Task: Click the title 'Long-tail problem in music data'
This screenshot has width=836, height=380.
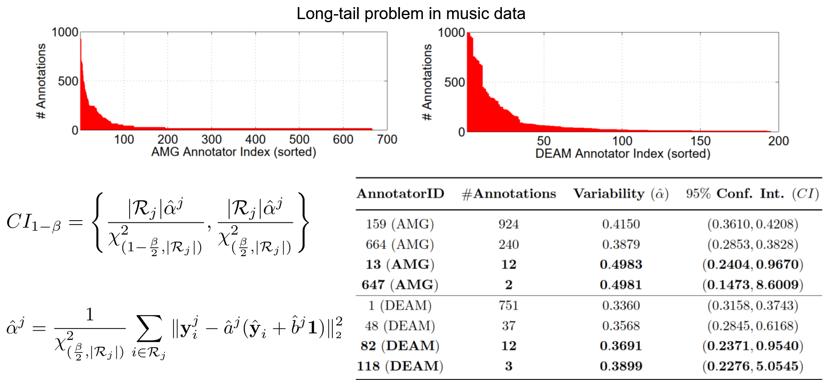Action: coord(410,14)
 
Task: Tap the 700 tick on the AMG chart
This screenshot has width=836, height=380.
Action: coord(387,139)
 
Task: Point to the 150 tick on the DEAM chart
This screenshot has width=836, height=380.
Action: coord(700,141)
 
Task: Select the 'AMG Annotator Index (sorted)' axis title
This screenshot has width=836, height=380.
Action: coord(233,152)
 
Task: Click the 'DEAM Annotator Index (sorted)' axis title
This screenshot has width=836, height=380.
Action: coord(623,154)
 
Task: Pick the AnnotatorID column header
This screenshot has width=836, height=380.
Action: coord(400,194)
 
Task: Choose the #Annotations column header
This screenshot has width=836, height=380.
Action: coord(509,194)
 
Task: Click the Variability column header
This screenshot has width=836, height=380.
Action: coord(621,194)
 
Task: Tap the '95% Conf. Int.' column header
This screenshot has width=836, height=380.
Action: coord(752,194)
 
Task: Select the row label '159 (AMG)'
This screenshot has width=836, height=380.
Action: coord(400,224)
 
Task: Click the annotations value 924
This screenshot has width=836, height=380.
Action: coord(509,224)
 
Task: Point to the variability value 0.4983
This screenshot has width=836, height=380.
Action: coord(621,265)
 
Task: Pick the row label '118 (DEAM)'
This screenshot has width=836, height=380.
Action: coord(400,366)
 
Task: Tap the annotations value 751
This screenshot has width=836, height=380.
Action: coord(509,306)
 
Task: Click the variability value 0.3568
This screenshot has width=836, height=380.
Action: coord(621,326)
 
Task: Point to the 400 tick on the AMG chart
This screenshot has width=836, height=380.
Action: coord(255,139)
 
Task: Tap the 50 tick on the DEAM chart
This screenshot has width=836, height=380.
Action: coord(544,141)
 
